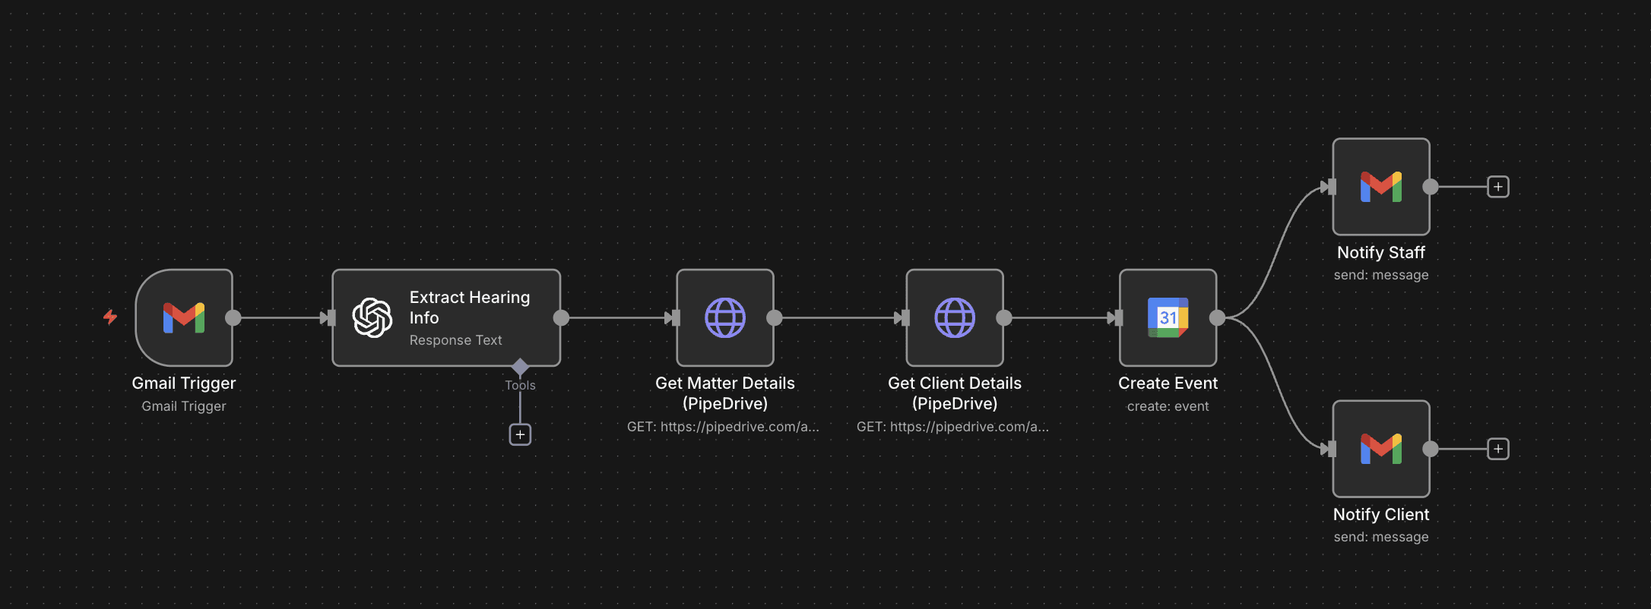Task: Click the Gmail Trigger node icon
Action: click(184, 317)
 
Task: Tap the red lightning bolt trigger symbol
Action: click(110, 317)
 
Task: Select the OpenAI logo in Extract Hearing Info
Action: click(372, 317)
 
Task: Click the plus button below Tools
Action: click(520, 434)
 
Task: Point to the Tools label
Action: click(520, 385)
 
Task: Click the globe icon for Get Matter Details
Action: click(725, 317)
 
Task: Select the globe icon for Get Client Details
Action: click(955, 317)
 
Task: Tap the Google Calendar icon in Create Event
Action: click(1168, 317)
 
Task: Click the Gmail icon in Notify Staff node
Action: click(1380, 187)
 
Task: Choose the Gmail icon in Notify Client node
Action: click(1380, 449)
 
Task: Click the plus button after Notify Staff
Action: click(1497, 187)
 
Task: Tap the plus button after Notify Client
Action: click(1497, 449)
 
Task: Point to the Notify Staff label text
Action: click(1380, 252)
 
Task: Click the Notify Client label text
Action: click(1380, 514)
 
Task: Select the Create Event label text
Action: click(1168, 383)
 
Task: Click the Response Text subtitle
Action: click(455, 340)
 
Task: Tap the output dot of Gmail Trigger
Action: click(233, 317)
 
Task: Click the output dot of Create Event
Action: click(1217, 317)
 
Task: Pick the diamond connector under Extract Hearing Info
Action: click(520, 367)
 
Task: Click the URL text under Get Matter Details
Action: click(723, 427)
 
